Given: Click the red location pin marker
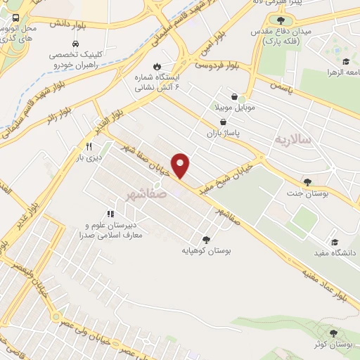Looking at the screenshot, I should (x=181, y=165).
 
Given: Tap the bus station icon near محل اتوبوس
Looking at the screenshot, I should (x=15, y=18).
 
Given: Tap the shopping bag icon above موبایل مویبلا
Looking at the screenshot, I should (x=233, y=98).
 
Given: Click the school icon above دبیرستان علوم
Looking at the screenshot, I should (x=110, y=213).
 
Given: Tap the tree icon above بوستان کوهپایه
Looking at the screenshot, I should (x=206, y=239).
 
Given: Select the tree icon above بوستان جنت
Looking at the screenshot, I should (x=307, y=181).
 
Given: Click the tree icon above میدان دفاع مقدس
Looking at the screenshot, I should (x=281, y=20).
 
